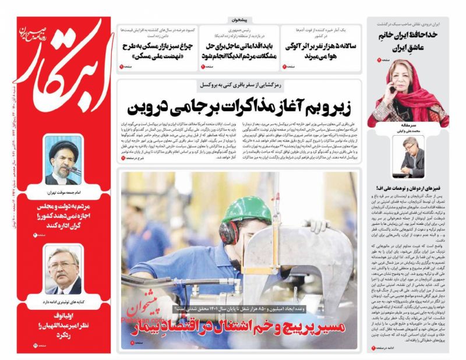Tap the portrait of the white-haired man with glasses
(x=65, y=270)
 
